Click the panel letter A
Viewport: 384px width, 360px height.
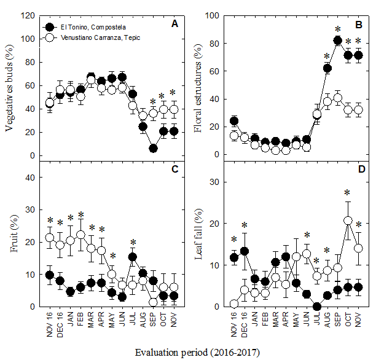(175, 25)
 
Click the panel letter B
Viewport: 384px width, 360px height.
(359, 25)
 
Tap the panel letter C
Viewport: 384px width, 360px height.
(175, 170)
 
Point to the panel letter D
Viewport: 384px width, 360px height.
(359, 170)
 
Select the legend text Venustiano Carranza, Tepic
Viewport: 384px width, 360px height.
(100, 38)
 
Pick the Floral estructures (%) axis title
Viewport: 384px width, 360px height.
(197, 87)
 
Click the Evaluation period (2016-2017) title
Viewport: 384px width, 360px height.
(197, 352)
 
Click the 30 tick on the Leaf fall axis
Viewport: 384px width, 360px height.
(215, 182)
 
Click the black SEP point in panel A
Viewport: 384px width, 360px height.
(153, 148)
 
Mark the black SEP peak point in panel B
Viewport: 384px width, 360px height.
(337, 41)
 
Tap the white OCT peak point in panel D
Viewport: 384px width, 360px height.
(348, 221)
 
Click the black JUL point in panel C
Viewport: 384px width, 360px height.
(132, 257)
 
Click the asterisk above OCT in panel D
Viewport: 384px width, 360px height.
(347, 194)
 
